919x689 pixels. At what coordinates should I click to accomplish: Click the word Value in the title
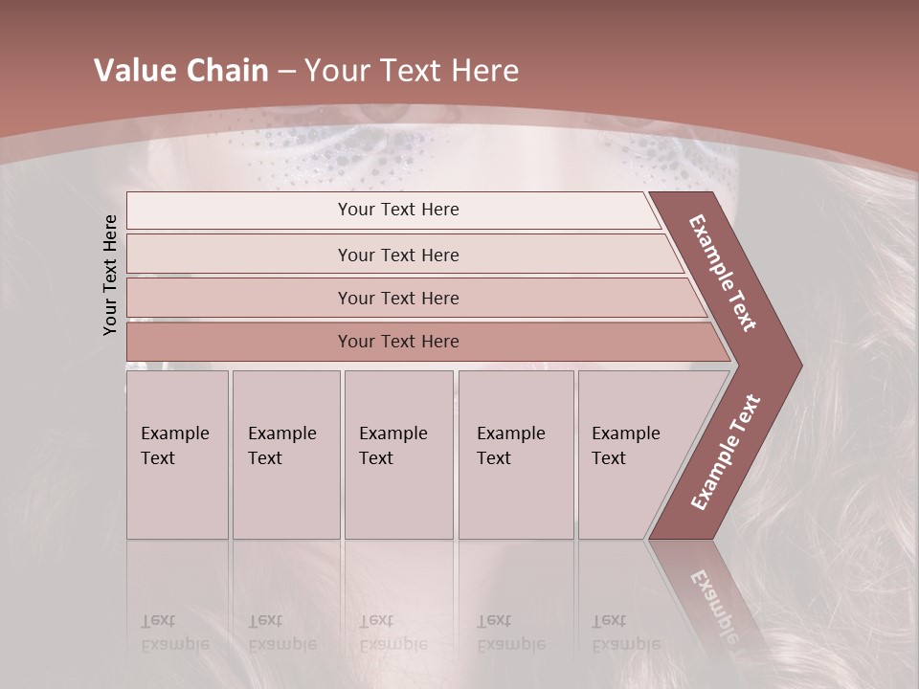click(133, 71)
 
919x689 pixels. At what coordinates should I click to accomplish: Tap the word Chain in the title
click(221, 71)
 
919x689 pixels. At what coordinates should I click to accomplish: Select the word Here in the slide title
click(484, 71)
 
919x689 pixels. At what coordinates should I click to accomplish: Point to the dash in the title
click(286, 72)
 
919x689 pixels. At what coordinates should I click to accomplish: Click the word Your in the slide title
click(332, 71)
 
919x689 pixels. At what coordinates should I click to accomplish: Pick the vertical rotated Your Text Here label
click(110, 275)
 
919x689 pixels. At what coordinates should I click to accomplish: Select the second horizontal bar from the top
click(398, 255)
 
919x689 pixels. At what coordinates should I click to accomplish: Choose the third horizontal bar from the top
click(398, 298)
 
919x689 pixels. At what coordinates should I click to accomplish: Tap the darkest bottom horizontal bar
click(398, 342)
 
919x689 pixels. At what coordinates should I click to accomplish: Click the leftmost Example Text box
click(177, 454)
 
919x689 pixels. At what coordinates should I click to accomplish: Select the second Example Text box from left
click(285, 454)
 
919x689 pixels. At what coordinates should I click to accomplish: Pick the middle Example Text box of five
click(397, 454)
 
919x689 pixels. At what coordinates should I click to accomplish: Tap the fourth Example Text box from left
click(515, 454)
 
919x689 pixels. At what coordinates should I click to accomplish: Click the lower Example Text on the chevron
click(726, 452)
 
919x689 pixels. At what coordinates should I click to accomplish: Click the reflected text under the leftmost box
click(174, 633)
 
